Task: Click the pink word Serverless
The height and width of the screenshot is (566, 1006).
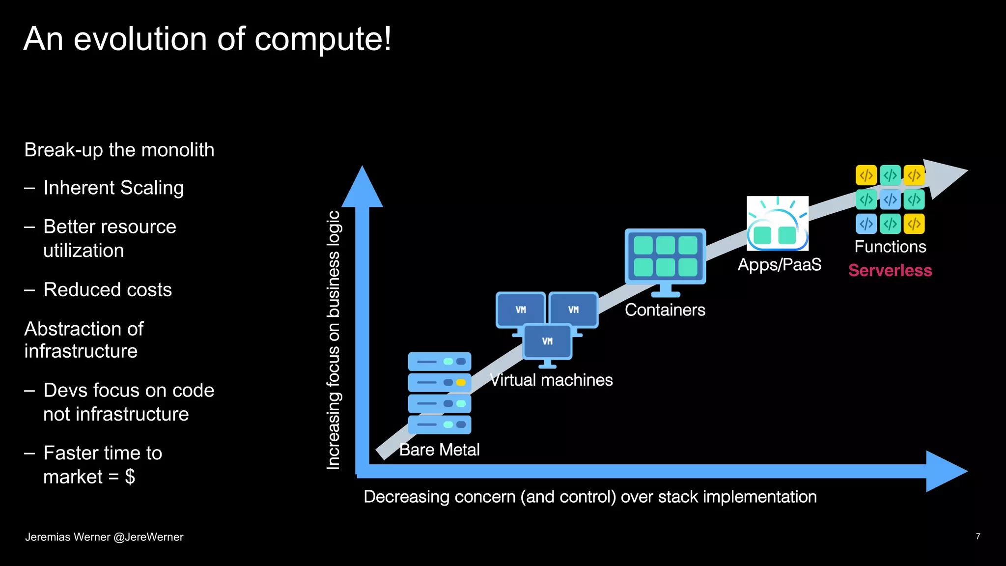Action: point(890,270)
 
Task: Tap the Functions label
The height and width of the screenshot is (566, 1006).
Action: point(890,247)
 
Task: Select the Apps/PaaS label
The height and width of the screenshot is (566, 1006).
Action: point(779,265)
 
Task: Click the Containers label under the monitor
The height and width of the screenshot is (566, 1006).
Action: point(665,310)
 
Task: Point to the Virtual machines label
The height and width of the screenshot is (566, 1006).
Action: point(551,380)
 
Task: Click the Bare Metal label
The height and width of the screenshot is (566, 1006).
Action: point(439,450)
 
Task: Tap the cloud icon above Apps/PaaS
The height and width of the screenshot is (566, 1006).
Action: point(777,224)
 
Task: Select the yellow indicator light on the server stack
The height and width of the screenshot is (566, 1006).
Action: point(461,382)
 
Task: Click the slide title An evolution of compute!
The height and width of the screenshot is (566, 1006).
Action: point(207,39)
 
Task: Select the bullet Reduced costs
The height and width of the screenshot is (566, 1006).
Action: point(108,290)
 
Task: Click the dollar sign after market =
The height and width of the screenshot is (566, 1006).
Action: point(130,477)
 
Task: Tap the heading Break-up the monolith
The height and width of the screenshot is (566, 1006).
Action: point(119,150)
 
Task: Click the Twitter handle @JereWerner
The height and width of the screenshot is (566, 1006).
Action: point(148,537)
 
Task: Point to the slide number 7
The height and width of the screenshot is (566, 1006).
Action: point(978,537)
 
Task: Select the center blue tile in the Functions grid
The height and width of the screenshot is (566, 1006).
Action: point(890,199)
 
